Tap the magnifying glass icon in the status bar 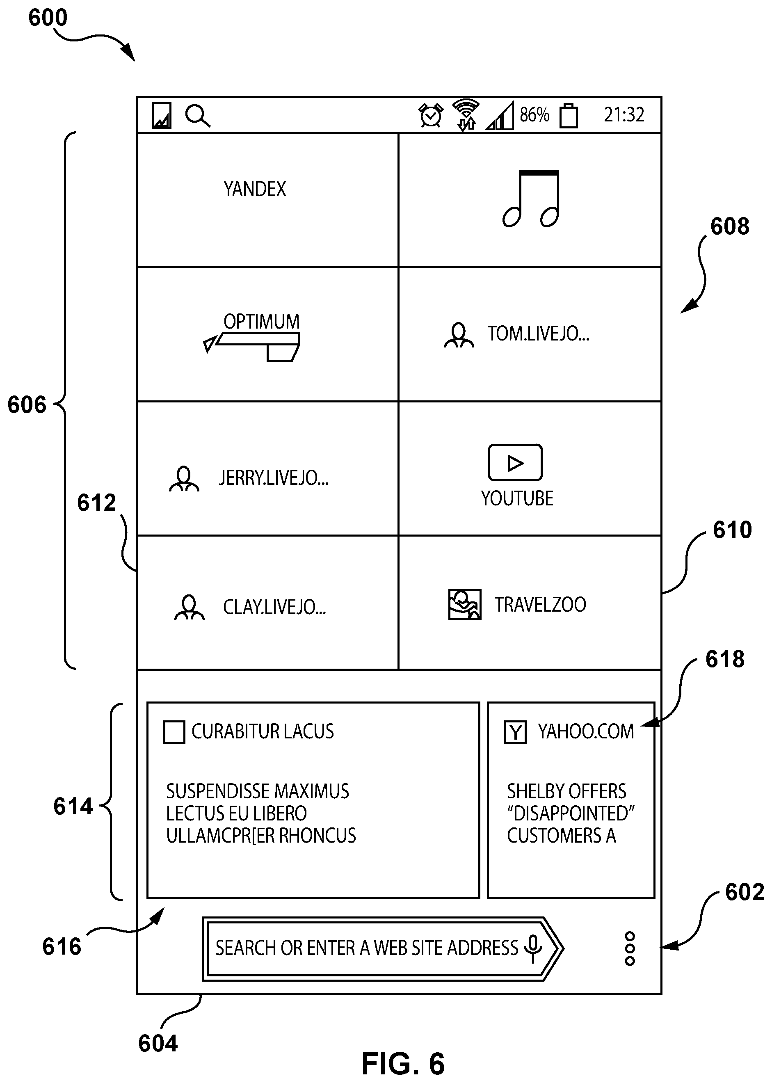coord(198,116)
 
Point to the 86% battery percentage coord(534,114)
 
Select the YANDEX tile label coord(255,189)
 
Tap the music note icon coord(531,199)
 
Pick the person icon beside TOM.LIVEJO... coord(459,336)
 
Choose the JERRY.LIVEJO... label coord(273,478)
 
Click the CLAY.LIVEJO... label coord(274,607)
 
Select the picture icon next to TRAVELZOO coord(464,605)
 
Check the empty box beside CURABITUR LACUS coord(174,732)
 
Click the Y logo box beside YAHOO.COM coord(515,732)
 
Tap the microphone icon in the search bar coord(533,949)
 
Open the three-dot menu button coord(630,949)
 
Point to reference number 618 coord(725,659)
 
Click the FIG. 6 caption coord(403,1063)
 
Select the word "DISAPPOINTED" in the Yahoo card coord(571,813)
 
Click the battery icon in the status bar coord(569,116)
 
